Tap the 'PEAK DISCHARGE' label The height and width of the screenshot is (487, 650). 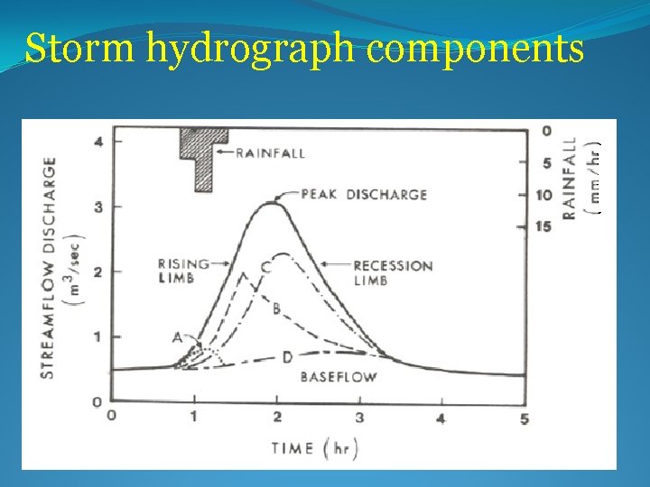click(364, 194)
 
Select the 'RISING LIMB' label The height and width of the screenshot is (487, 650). click(181, 271)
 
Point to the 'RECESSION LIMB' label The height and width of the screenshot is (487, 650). click(393, 272)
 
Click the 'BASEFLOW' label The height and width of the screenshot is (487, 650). click(338, 377)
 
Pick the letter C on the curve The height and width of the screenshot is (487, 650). click(265, 268)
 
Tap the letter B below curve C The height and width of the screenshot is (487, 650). click(276, 309)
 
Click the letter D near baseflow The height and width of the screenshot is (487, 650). click(287, 358)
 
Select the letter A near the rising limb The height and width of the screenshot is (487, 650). click(178, 337)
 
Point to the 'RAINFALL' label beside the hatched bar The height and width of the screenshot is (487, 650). click(270, 153)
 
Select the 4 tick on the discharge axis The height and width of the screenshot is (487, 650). click(97, 142)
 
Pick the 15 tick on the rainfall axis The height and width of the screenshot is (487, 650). click(543, 225)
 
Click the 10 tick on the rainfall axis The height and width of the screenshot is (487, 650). click(543, 195)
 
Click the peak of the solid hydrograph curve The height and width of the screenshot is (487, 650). click(272, 203)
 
